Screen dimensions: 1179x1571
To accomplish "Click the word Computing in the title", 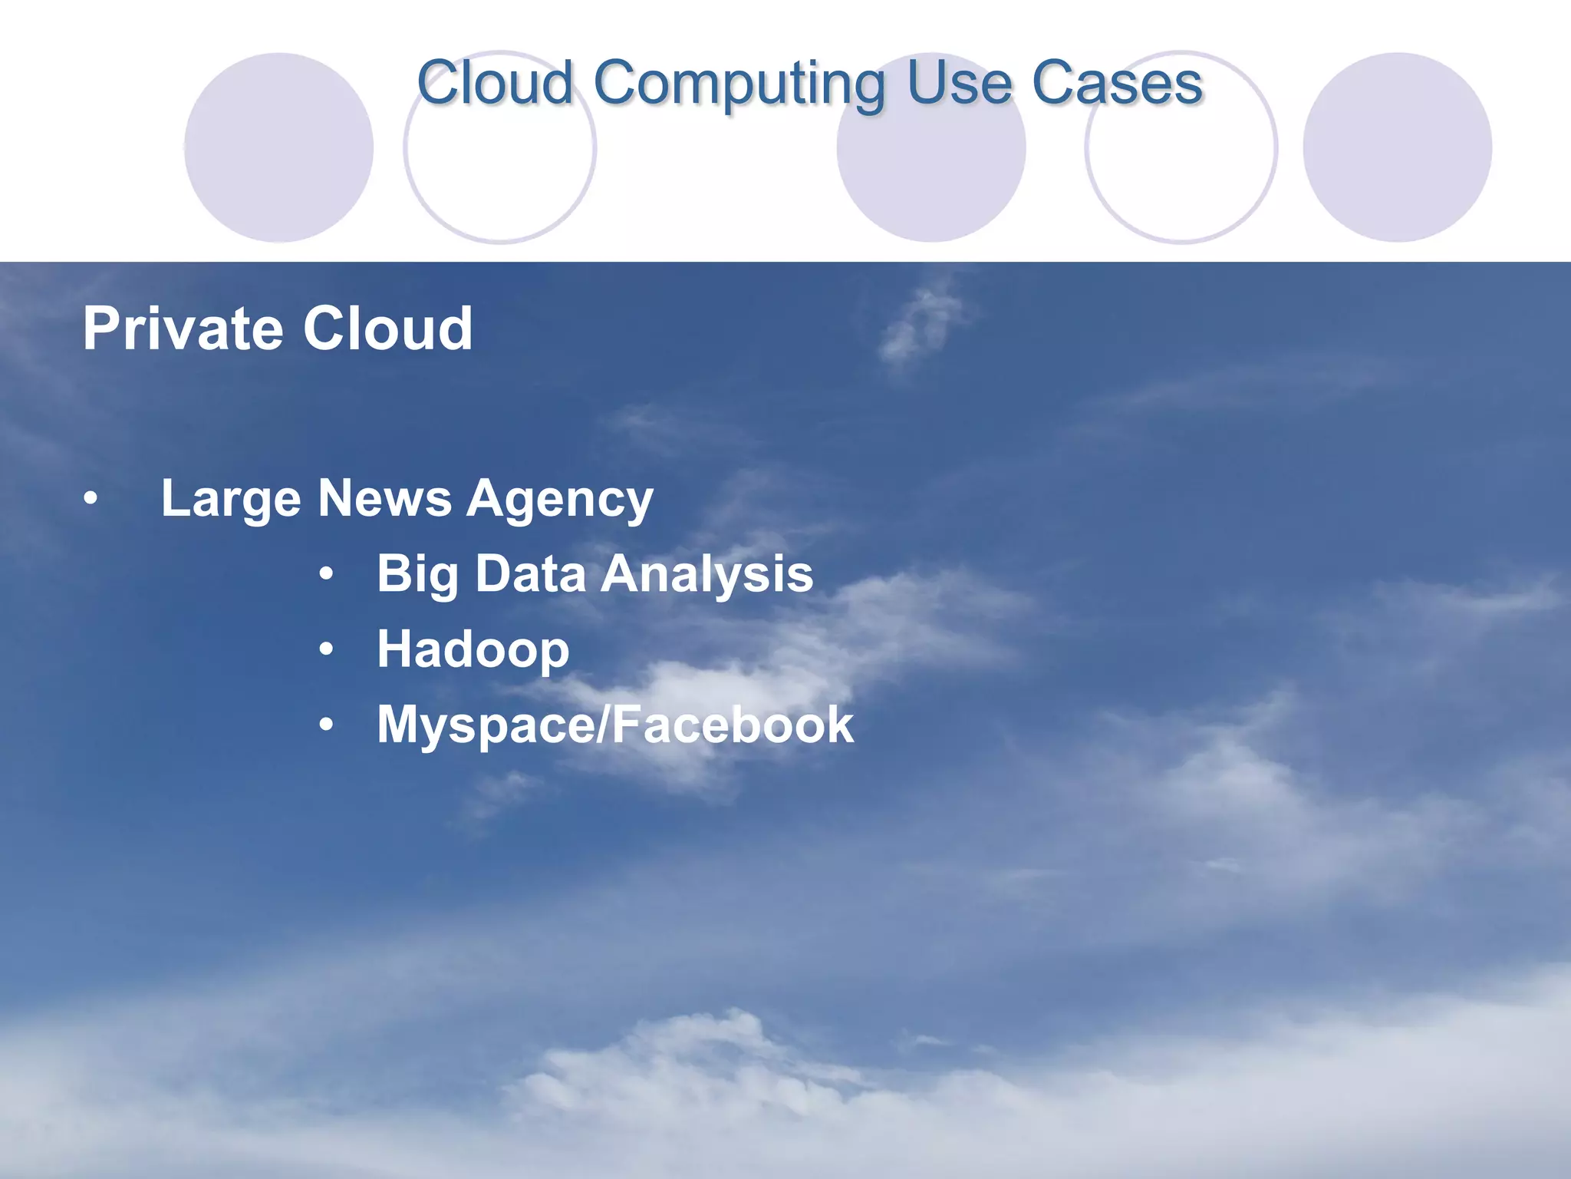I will click(x=739, y=84).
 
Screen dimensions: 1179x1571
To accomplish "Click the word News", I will click(x=384, y=499).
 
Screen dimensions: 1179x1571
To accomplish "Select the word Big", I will click(x=417, y=575).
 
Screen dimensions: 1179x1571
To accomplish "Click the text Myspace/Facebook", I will click(x=615, y=725).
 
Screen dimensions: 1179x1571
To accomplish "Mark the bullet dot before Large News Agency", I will click(x=91, y=500).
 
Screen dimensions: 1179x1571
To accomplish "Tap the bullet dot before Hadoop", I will click(x=327, y=650).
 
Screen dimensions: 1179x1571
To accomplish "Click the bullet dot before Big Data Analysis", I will click(x=327, y=574).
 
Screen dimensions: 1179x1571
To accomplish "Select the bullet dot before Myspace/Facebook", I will click(x=327, y=725).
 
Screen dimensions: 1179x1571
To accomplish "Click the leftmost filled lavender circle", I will click(x=279, y=147).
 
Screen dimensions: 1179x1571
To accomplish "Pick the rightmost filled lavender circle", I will click(x=1397, y=147).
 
